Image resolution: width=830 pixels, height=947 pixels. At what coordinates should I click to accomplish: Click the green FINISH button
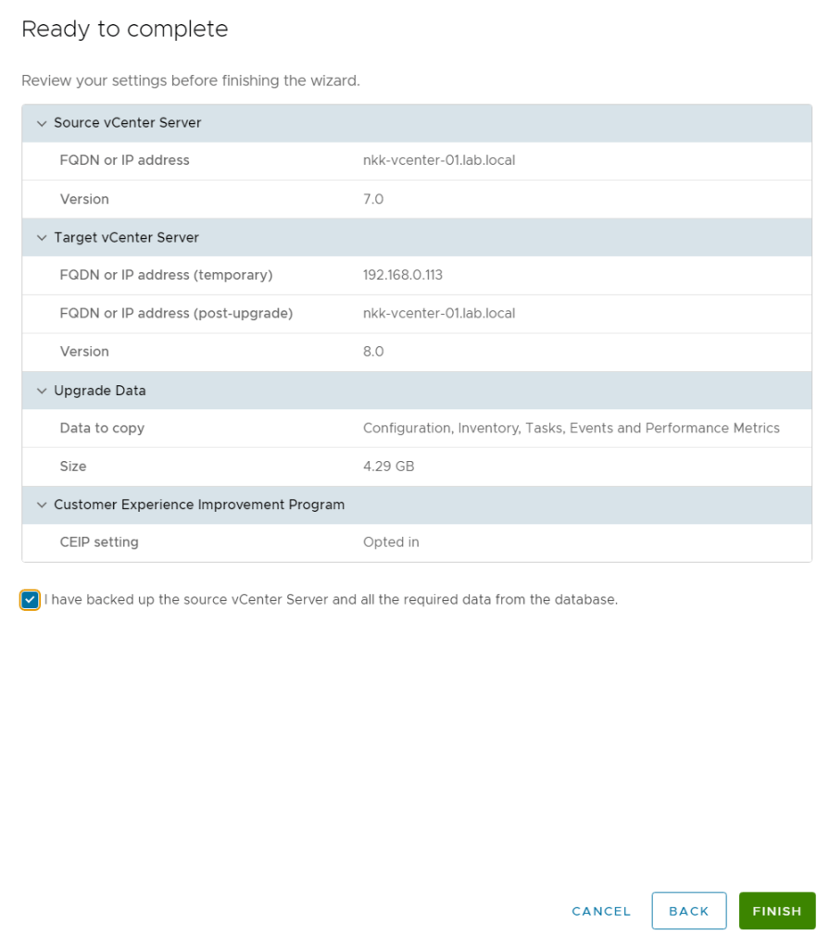pyautogui.click(x=776, y=911)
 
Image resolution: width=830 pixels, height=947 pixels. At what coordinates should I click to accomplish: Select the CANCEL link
pyautogui.click(x=601, y=911)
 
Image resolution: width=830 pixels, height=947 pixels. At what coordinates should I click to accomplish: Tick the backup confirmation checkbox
pyautogui.click(x=31, y=600)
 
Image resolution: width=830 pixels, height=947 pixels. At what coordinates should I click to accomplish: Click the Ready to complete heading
pyautogui.click(x=124, y=30)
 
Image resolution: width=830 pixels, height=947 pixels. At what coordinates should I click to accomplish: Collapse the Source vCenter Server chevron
pyautogui.click(x=41, y=123)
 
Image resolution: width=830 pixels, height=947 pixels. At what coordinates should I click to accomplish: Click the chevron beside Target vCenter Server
pyautogui.click(x=41, y=238)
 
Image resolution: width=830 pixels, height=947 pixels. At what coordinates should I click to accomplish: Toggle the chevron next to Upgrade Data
pyautogui.click(x=41, y=391)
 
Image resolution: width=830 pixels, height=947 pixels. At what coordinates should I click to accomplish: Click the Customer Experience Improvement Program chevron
pyautogui.click(x=41, y=505)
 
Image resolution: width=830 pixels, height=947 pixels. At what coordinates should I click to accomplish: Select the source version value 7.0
pyautogui.click(x=373, y=199)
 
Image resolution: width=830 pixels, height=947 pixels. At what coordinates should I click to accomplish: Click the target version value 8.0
pyautogui.click(x=373, y=352)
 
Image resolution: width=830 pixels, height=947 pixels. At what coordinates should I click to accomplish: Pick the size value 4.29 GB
pyautogui.click(x=388, y=467)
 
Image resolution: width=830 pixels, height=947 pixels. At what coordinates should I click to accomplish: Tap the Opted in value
pyautogui.click(x=391, y=542)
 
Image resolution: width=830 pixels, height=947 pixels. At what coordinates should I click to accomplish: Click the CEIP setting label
pyautogui.click(x=99, y=542)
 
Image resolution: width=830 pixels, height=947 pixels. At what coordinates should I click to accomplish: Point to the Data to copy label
pyautogui.click(x=102, y=429)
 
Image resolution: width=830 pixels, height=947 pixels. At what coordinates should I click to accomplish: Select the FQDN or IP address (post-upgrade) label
pyautogui.click(x=176, y=314)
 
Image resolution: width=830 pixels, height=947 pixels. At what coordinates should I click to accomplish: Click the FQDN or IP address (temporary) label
pyautogui.click(x=166, y=275)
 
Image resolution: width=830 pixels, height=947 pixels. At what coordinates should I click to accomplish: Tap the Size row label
pyautogui.click(x=73, y=467)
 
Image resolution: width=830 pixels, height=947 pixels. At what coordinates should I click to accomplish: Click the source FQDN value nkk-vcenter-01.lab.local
pyautogui.click(x=439, y=160)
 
